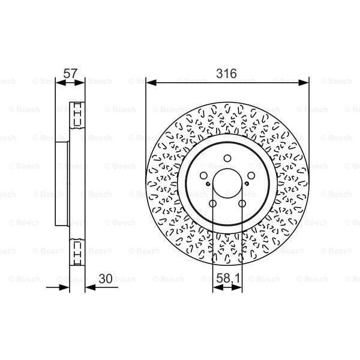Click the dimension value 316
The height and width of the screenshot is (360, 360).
coord(227,73)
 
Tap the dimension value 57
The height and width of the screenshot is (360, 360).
coord(70,73)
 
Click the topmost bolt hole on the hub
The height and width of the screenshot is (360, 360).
coord(227,159)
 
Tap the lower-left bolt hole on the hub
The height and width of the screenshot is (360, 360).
coord(213,204)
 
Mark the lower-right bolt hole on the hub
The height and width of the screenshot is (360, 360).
coord(242,204)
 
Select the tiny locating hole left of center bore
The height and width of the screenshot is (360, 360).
coord(206,186)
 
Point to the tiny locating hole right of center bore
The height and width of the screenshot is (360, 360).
coord(248,186)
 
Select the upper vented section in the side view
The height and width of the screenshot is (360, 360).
coord(77,116)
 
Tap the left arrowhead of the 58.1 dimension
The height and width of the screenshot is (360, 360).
coord(217,287)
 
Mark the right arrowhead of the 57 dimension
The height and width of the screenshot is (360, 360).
coord(82,83)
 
